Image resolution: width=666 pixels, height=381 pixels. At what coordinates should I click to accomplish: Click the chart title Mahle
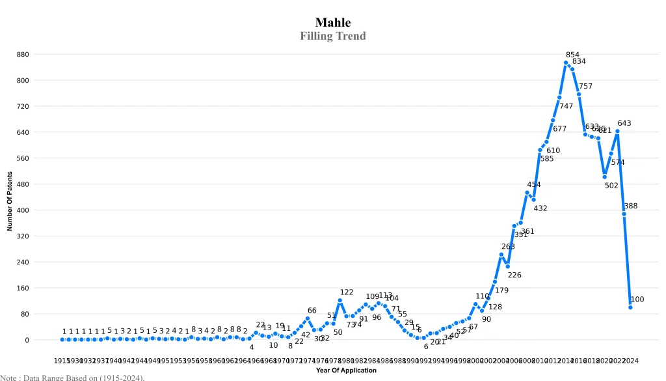(x=333, y=23)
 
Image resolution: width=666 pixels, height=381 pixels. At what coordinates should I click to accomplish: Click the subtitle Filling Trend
(x=333, y=36)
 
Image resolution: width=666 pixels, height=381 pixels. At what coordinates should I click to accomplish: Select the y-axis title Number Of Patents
(x=10, y=201)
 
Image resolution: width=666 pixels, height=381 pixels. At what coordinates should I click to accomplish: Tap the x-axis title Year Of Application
(x=346, y=370)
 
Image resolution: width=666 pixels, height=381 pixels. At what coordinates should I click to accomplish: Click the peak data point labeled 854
(x=566, y=63)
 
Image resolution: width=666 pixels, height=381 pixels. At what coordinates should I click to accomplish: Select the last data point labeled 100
(x=630, y=307)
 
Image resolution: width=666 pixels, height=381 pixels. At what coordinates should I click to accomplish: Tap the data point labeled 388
(x=624, y=214)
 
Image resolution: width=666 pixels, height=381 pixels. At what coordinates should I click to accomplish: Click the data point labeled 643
(x=617, y=131)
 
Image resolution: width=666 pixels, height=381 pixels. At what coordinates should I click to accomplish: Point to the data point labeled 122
(x=340, y=300)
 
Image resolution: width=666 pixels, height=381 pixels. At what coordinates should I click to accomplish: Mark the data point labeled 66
(x=308, y=318)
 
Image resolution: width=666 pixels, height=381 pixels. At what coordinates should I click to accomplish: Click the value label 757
(x=585, y=86)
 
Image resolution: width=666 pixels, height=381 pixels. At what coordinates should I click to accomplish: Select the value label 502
(x=611, y=186)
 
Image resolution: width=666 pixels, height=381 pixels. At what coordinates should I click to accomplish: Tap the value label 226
(x=514, y=275)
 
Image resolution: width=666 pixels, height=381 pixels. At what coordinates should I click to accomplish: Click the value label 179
(x=501, y=290)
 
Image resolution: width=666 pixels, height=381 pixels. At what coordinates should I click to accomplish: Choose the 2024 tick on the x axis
(x=630, y=360)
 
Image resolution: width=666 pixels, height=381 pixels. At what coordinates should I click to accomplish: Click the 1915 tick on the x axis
(x=62, y=360)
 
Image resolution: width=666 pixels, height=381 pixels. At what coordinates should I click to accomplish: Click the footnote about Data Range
(x=72, y=377)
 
